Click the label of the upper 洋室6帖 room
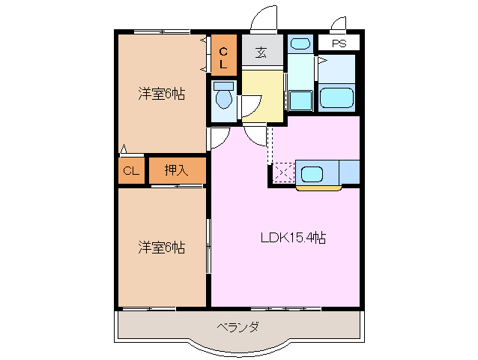point(161,94)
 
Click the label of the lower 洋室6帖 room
point(161,247)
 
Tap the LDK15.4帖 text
point(292,238)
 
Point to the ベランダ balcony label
point(238,327)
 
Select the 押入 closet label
point(177,170)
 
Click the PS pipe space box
point(339,43)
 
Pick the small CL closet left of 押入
point(131,170)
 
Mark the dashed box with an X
point(283,172)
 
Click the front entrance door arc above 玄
point(263,19)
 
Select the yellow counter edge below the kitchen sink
point(318,187)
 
